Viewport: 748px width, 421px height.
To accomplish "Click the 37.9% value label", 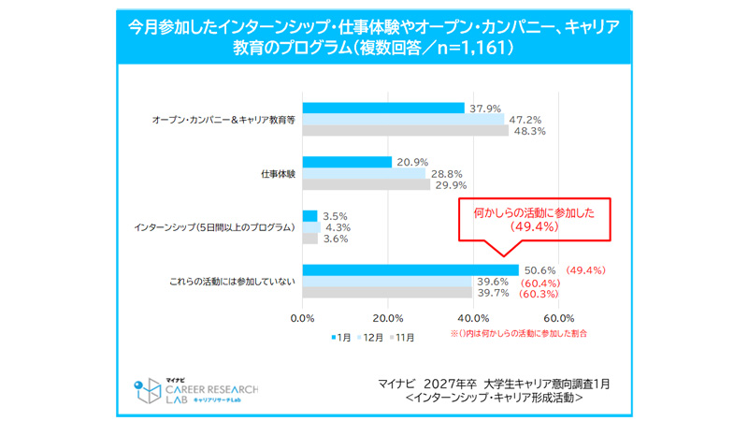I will coord(483,108).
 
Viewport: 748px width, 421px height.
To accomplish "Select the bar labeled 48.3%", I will coord(405,131).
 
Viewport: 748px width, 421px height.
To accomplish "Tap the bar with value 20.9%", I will coord(347,162).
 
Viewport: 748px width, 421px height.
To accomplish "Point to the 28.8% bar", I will coord(364,174).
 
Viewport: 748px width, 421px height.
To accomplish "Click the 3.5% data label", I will coord(335,215).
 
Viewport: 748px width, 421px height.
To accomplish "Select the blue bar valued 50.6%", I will coord(410,270).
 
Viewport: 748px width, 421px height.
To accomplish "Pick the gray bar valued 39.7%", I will coord(387,294).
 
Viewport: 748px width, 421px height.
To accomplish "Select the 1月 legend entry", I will coord(342,335).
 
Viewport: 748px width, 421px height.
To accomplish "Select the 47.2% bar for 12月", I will coord(403,119).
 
